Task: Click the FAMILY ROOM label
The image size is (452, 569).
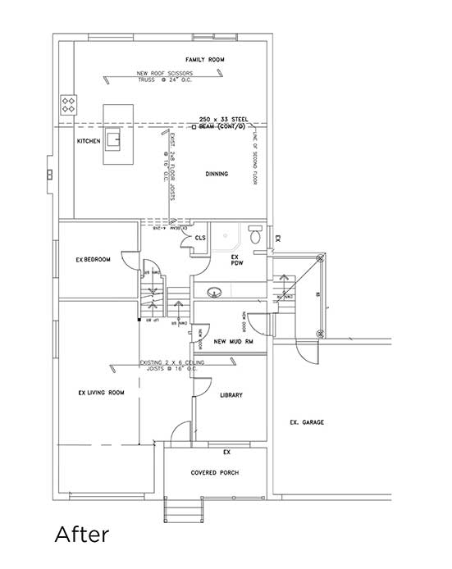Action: (x=204, y=60)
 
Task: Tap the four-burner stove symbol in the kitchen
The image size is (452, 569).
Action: (x=69, y=104)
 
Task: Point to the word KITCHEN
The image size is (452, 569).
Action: (x=89, y=141)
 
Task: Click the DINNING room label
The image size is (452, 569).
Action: (x=217, y=174)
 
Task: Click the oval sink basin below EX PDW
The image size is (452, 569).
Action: (x=216, y=289)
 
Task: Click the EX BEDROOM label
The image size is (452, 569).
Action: (x=93, y=260)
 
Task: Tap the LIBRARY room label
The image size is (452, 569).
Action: (x=231, y=395)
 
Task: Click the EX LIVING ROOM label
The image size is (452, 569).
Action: (x=101, y=393)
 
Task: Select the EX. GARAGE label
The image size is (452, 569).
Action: (x=308, y=422)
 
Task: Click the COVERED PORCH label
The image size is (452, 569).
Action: (x=214, y=473)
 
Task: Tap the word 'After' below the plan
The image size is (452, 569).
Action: (x=81, y=535)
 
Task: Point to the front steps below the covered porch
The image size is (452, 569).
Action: (x=180, y=509)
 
